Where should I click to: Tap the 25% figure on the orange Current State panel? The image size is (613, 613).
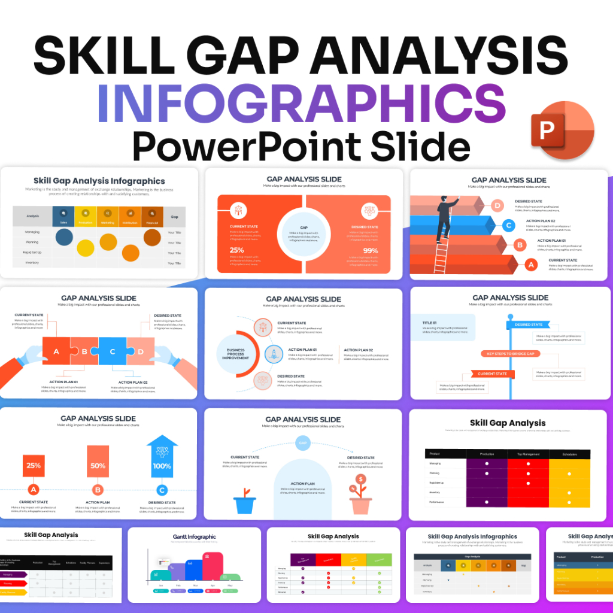click(x=236, y=250)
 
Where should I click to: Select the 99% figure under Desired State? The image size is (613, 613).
click(x=371, y=250)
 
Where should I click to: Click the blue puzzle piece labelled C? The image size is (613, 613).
click(x=112, y=351)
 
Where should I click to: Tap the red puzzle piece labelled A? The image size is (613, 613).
click(x=56, y=351)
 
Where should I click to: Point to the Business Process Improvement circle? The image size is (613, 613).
click(x=235, y=354)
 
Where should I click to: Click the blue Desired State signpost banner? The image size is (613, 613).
click(x=528, y=324)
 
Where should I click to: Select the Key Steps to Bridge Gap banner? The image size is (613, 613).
click(x=509, y=354)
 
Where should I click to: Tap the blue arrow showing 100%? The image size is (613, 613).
click(x=162, y=460)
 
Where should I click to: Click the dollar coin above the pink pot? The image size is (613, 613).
click(x=361, y=480)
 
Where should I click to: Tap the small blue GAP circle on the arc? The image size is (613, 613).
click(x=303, y=444)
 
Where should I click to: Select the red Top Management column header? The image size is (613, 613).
click(x=528, y=454)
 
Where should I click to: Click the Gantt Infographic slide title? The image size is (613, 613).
click(x=194, y=537)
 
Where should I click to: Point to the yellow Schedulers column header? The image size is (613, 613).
click(x=569, y=454)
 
